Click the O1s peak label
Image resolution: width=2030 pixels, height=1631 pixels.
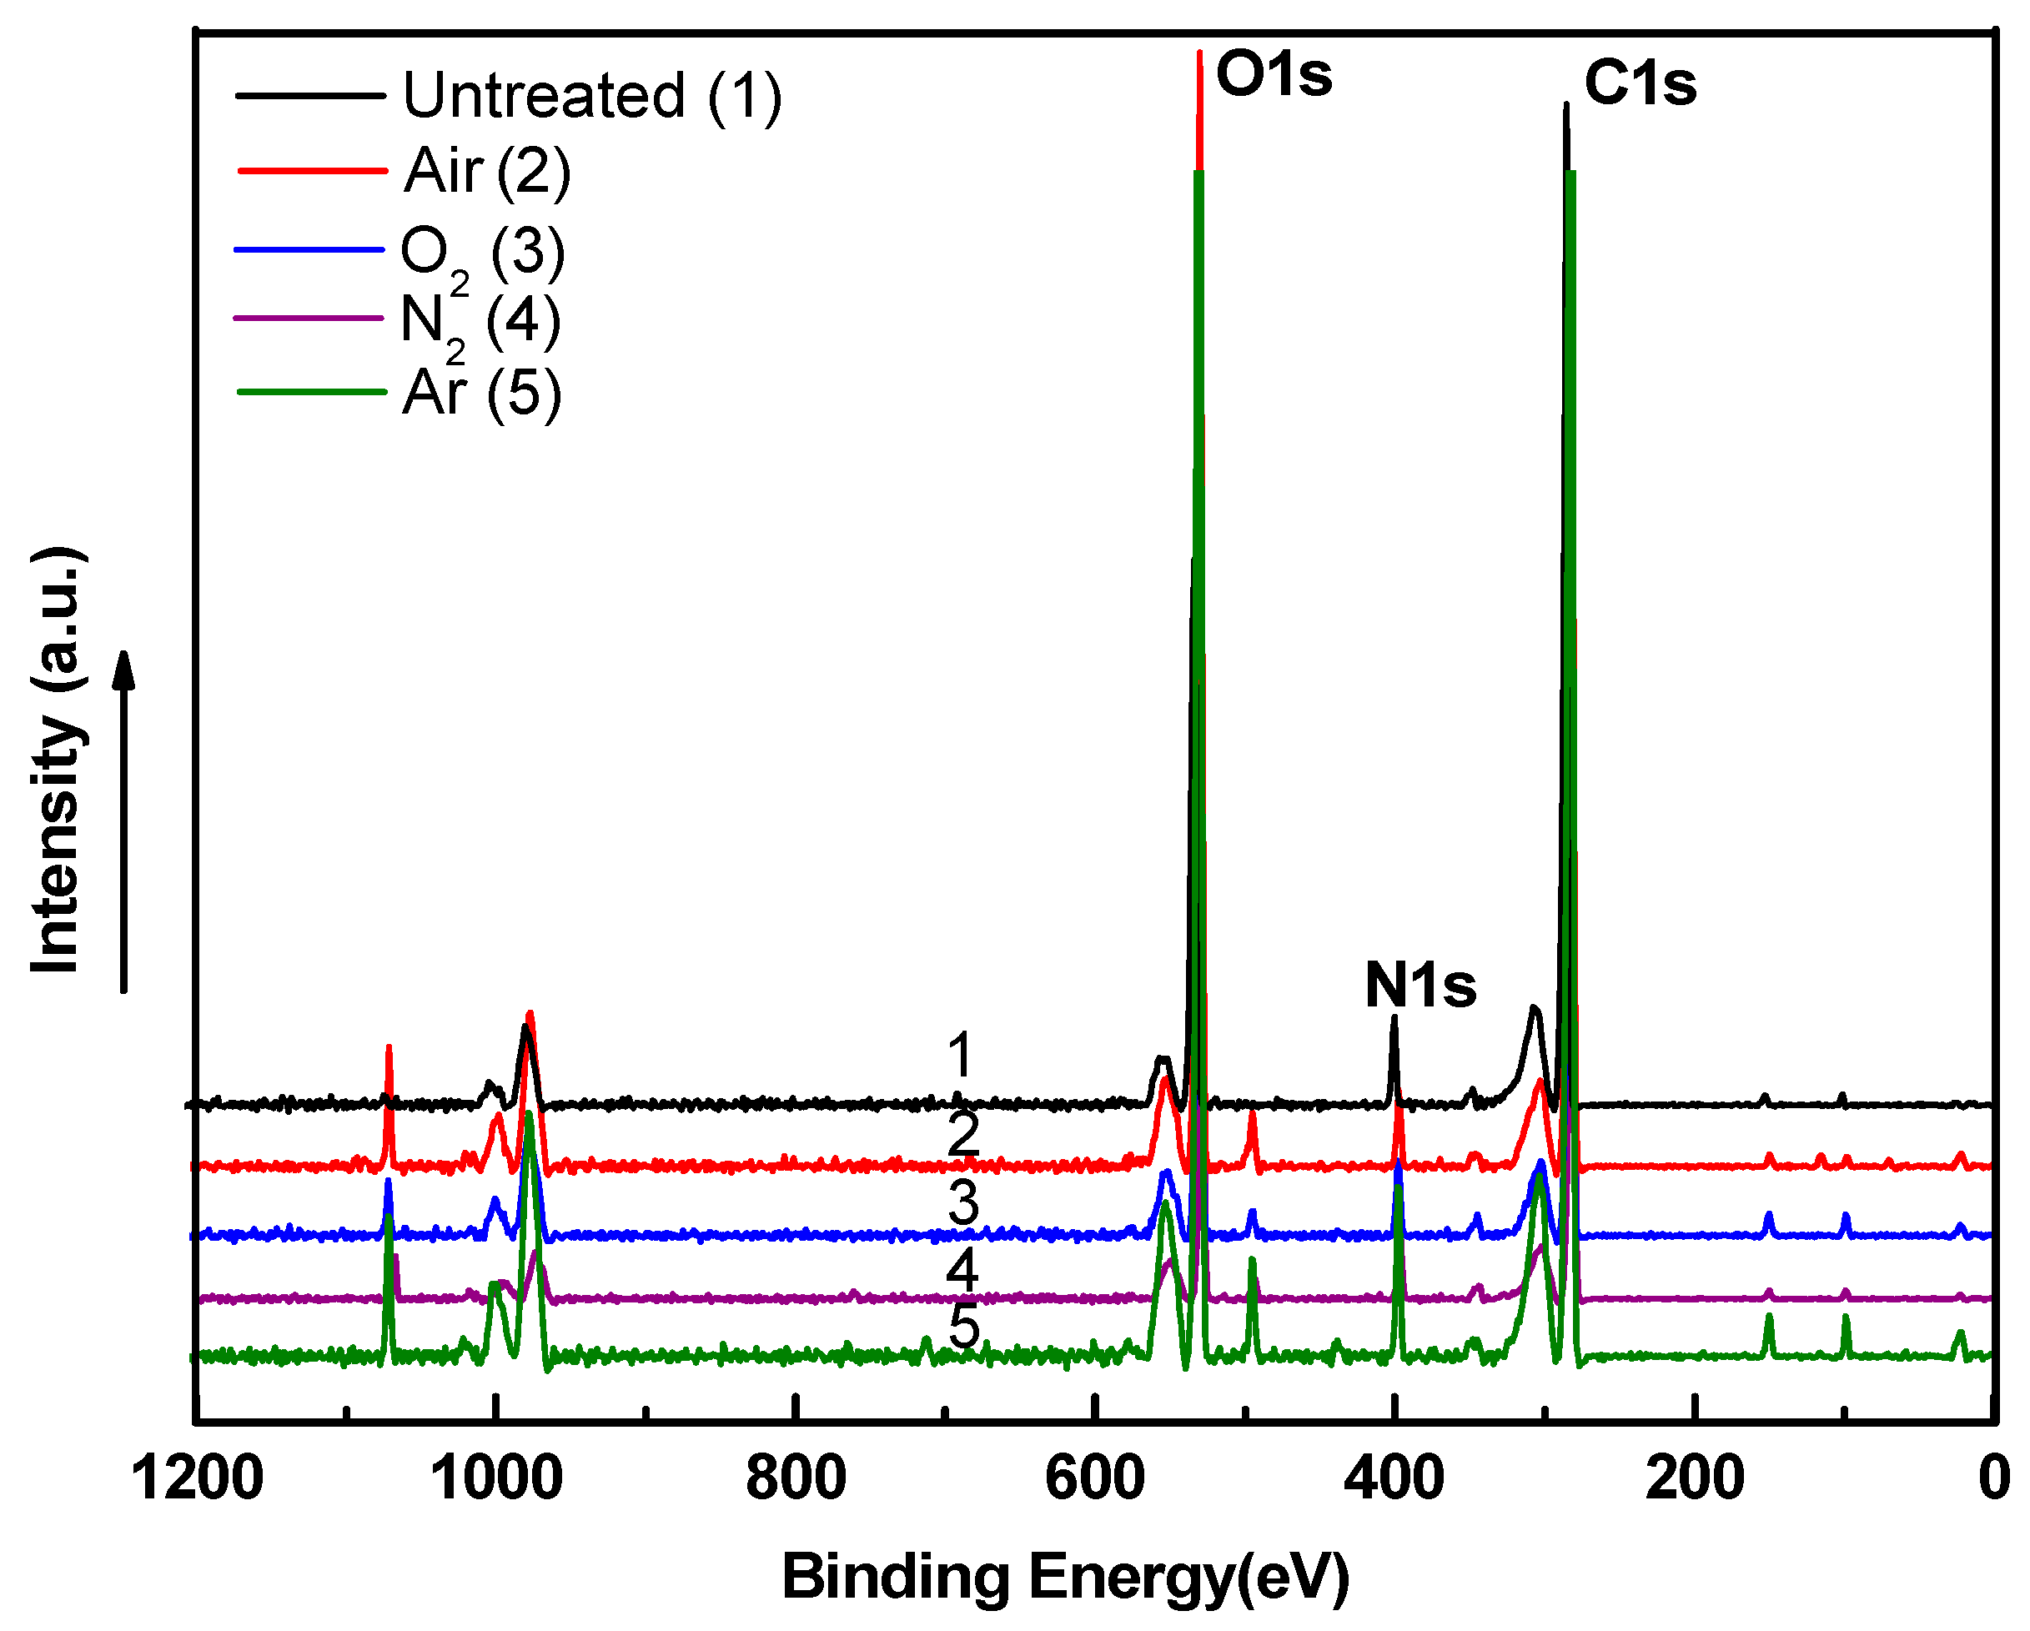click(x=1273, y=74)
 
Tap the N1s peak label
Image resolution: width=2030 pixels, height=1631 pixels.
click(x=1419, y=986)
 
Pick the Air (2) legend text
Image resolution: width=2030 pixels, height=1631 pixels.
click(x=487, y=171)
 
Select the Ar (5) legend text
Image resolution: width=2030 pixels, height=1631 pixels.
click(x=481, y=394)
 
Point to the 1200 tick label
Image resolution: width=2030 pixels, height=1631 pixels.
click(x=196, y=1478)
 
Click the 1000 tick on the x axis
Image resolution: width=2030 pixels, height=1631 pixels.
click(x=496, y=1478)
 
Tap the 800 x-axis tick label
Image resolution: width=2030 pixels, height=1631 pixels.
click(x=796, y=1478)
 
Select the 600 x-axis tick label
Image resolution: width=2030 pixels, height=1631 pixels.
click(x=1095, y=1478)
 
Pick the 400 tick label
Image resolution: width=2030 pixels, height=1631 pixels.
click(x=1394, y=1478)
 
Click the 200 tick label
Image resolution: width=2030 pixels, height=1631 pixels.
click(x=1695, y=1478)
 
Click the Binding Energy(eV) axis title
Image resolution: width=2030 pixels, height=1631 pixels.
click(x=1065, y=1577)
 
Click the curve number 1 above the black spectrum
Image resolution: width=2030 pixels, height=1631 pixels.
click(x=959, y=1055)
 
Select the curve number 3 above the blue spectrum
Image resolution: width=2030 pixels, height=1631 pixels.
click(x=962, y=1202)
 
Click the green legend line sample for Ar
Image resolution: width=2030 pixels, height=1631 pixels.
click(x=312, y=392)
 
